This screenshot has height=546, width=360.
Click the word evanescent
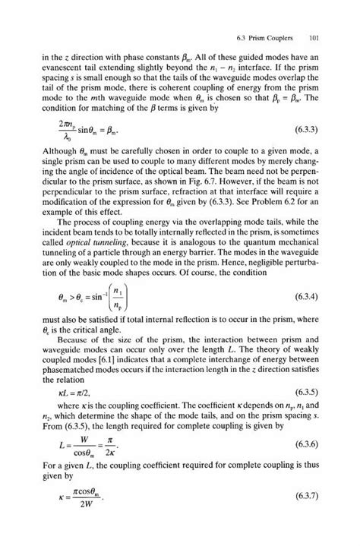tap(65, 68)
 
